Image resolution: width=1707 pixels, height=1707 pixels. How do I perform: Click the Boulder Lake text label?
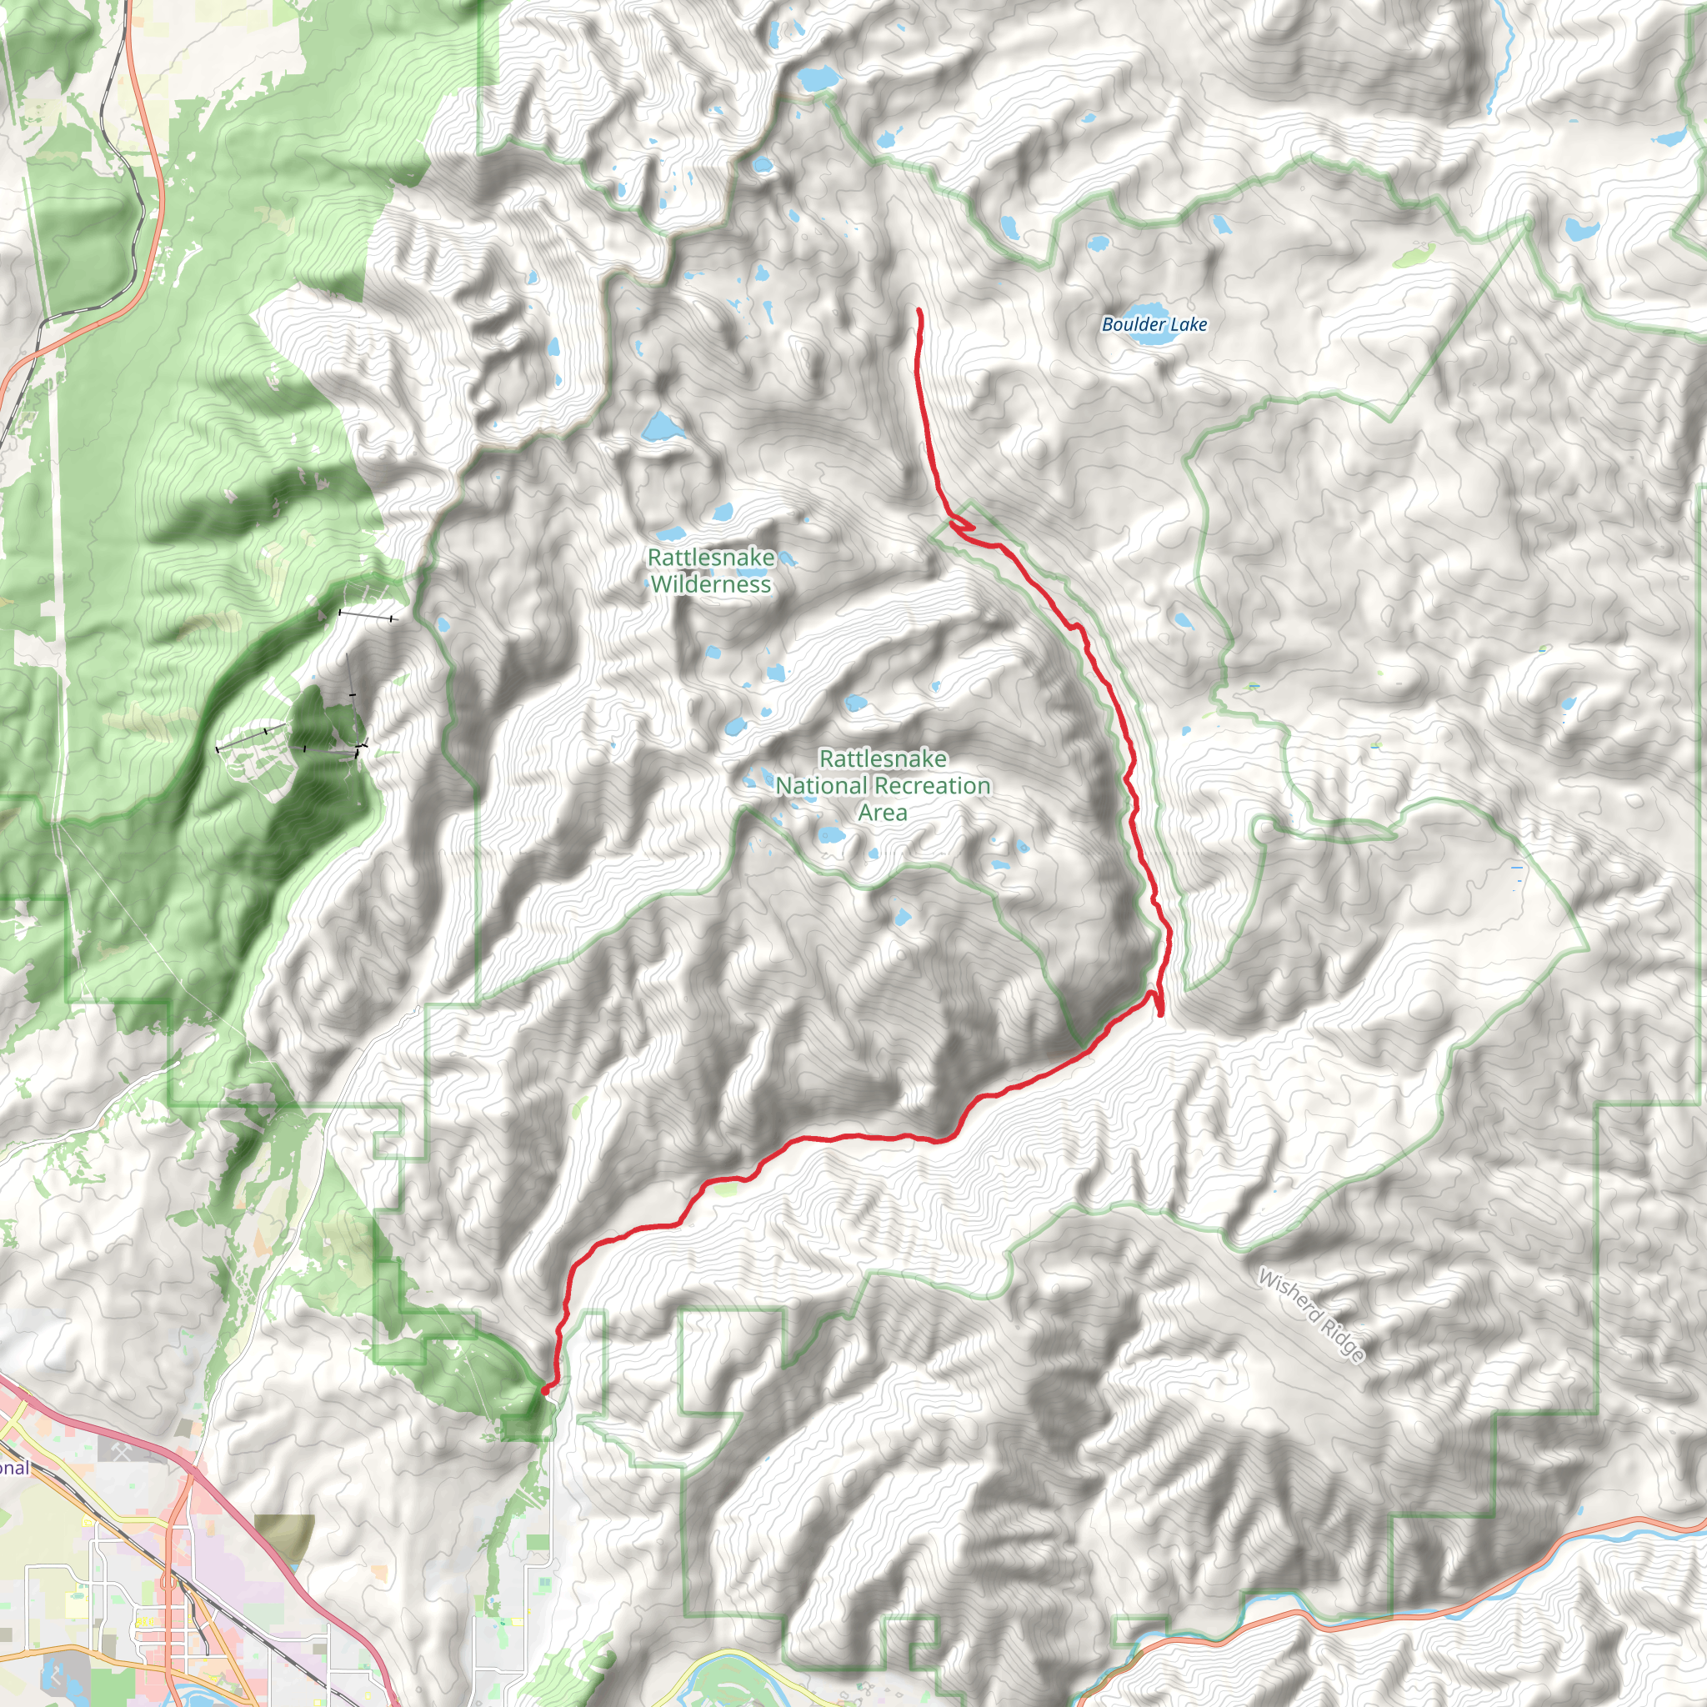click(1154, 324)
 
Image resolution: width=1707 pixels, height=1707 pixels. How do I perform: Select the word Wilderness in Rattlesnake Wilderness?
click(711, 584)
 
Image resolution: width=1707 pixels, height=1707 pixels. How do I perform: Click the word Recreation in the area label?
click(938, 785)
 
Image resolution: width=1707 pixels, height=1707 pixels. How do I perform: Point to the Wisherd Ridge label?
click(1311, 1315)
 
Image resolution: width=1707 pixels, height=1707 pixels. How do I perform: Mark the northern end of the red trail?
click(919, 310)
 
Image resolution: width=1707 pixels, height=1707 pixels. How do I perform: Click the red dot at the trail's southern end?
click(545, 1391)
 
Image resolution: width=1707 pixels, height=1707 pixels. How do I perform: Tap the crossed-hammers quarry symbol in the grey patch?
click(123, 1448)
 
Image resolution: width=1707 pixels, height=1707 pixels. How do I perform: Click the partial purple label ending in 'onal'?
click(14, 1468)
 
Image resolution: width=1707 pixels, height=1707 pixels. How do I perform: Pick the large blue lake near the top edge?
click(818, 78)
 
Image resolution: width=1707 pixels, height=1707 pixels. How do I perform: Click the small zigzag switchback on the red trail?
click(961, 527)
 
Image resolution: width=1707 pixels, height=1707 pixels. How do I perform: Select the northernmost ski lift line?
click(366, 614)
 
